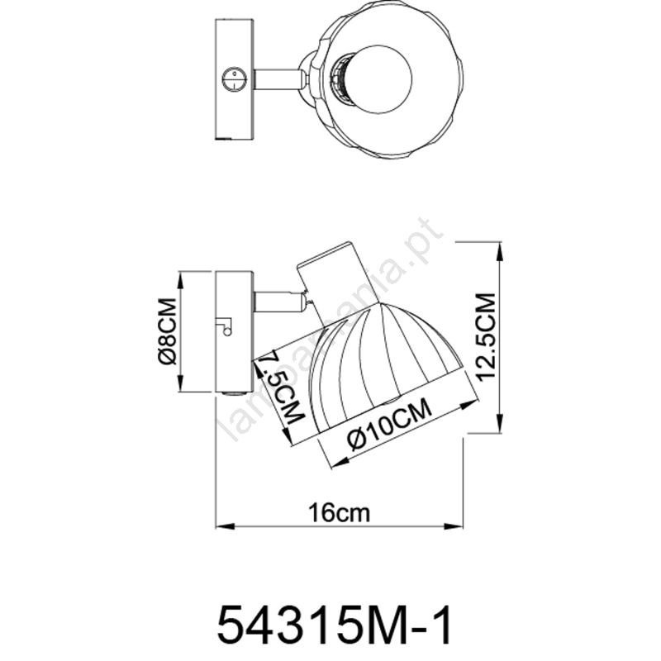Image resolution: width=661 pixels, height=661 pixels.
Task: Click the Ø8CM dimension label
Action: (x=168, y=331)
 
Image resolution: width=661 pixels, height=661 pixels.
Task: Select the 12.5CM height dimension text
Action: (x=486, y=336)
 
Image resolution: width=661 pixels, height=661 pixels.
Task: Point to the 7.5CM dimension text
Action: (x=280, y=388)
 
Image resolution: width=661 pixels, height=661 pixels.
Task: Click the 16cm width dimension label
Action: (x=340, y=513)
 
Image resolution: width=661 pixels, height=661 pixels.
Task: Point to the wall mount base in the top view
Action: (x=235, y=78)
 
